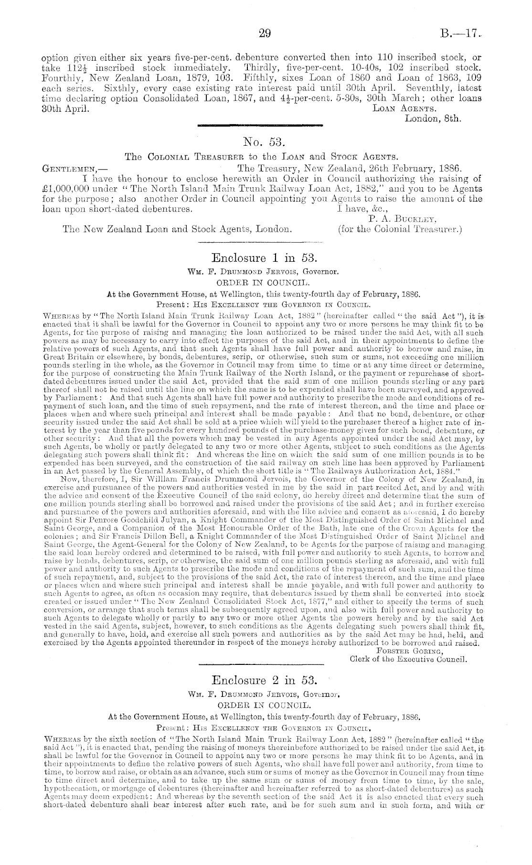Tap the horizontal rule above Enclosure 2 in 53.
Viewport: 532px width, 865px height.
(260, 664)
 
